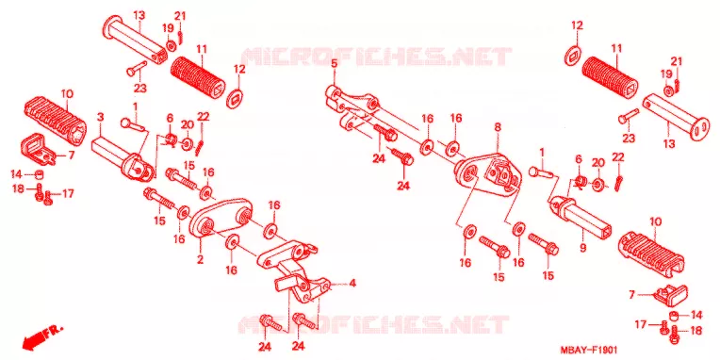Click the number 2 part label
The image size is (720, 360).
[200, 259]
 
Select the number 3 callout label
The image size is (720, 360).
[101, 117]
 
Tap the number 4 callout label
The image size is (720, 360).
[352, 284]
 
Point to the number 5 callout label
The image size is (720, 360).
[335, 64]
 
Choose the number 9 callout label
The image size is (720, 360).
[582, 249]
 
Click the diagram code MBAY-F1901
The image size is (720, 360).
[589, 350]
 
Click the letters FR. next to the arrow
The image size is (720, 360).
[54, 330]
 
